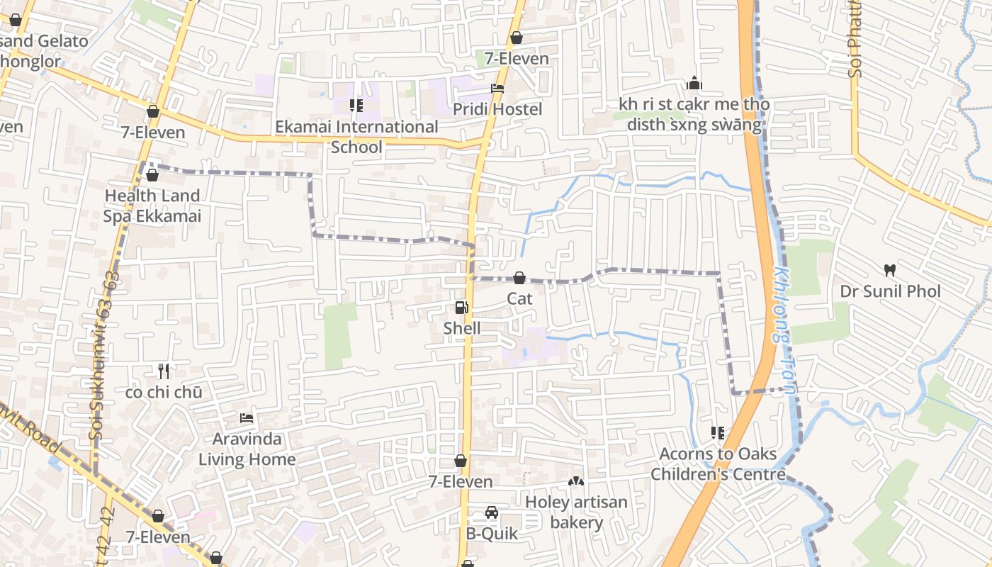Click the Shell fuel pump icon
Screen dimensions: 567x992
461,308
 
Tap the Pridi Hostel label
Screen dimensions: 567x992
497,109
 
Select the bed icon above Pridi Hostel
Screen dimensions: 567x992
497,89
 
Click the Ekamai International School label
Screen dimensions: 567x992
356,137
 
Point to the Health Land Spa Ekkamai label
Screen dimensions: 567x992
152,206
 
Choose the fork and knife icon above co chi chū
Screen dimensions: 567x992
164,371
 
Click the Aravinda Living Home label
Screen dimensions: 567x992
247,449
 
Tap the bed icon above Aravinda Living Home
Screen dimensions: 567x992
247,418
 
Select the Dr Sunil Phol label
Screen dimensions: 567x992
890,291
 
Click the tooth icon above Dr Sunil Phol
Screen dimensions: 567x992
890,270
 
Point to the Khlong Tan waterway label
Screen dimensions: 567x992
784,330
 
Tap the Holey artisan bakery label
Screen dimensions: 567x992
576,512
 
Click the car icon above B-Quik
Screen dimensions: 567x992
491,512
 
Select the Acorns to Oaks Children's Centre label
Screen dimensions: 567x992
718,464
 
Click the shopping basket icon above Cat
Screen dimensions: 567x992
519,277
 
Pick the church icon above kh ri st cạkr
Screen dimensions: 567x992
694,84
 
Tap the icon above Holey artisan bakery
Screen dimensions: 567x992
576,482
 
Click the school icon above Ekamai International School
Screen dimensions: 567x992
356,106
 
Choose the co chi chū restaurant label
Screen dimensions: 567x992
164,392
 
